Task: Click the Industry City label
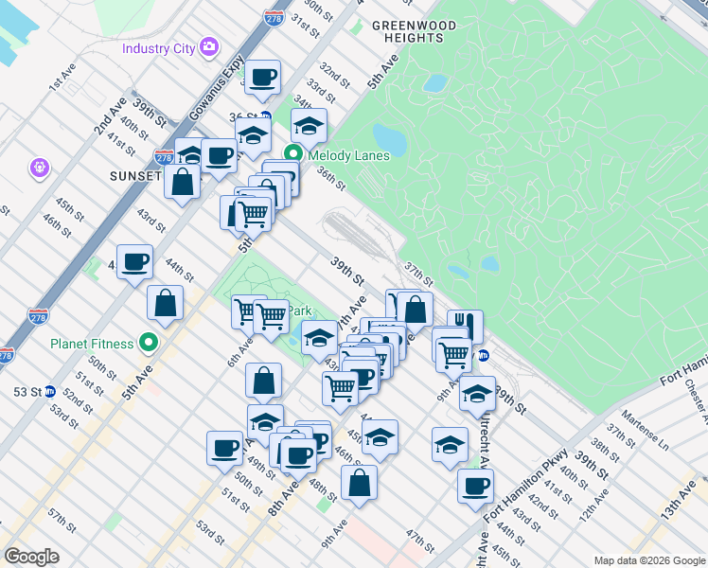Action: (x=157, y=47)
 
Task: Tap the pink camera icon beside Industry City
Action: (x=209, y=46)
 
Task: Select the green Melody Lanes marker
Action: (x=293, y=153)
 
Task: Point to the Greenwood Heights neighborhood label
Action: (x=414, y=31)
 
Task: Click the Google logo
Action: (x=31, y=556)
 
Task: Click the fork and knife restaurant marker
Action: (x=463, y=326)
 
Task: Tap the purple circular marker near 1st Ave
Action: (x=39, y=168)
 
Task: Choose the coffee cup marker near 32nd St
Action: (x=263, y=78)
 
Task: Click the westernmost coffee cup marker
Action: (x=134, y=262)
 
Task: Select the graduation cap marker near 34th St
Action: (x=309, y=124)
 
